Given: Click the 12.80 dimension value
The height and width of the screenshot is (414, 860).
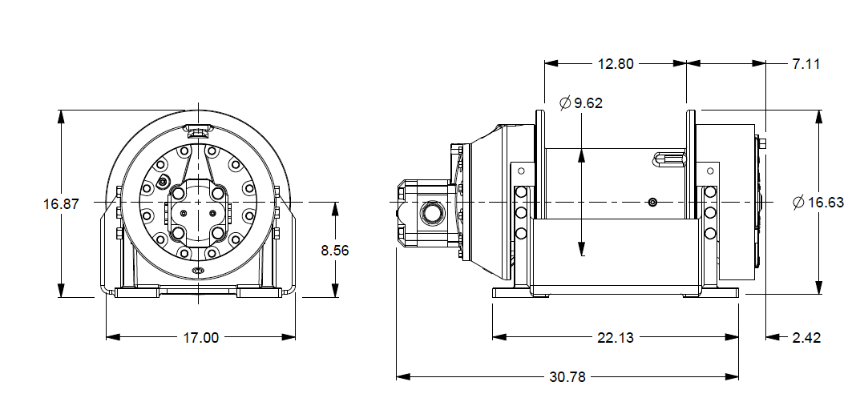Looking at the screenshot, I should (615, 64).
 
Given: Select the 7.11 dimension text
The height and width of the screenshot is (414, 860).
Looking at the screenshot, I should (806, 64).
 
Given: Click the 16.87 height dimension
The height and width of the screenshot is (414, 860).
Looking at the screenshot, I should (61, 204).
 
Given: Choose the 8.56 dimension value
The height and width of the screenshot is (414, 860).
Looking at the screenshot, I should (335, 250).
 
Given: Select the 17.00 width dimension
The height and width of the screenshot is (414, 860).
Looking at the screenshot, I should (200, 338).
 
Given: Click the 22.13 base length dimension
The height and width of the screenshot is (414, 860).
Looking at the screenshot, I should (616, 338).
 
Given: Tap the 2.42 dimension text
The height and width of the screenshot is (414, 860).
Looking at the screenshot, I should (806, 338).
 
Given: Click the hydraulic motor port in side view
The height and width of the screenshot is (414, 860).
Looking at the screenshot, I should (431, 212).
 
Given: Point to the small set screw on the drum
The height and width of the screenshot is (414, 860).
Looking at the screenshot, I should (654, 203).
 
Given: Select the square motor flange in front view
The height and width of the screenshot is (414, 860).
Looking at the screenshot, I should (197, 214).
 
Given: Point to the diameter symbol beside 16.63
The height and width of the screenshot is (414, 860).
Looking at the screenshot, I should (798, 203).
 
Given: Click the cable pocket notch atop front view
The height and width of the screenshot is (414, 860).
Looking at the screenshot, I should (197, 127).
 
